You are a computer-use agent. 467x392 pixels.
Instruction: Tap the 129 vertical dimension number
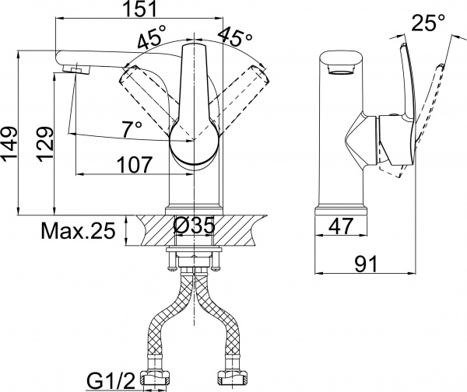[x=45, y=144]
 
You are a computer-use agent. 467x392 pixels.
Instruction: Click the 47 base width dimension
[x=340, y=226]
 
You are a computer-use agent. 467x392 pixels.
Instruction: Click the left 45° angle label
[x=150, y=36]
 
